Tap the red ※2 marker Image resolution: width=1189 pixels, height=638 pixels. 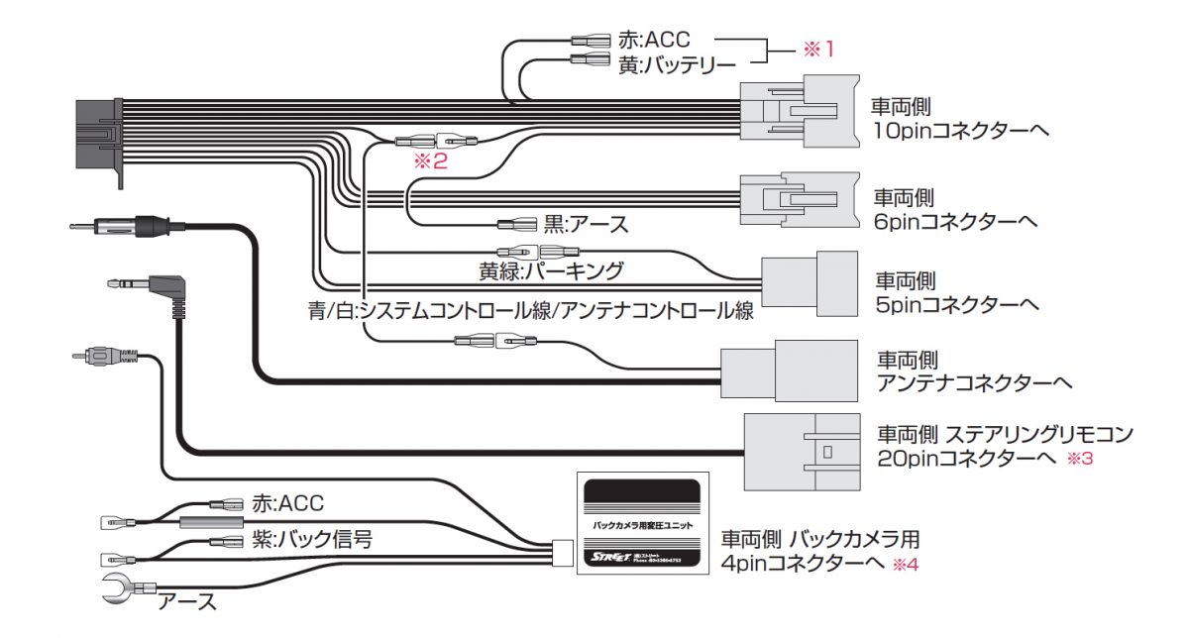(x=430, y=161)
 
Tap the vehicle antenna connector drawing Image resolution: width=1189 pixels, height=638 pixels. (x=789, y=370)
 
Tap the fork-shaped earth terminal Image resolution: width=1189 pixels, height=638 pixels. (x=118, y=590)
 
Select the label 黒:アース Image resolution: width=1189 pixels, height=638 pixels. (x=586, y=224)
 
